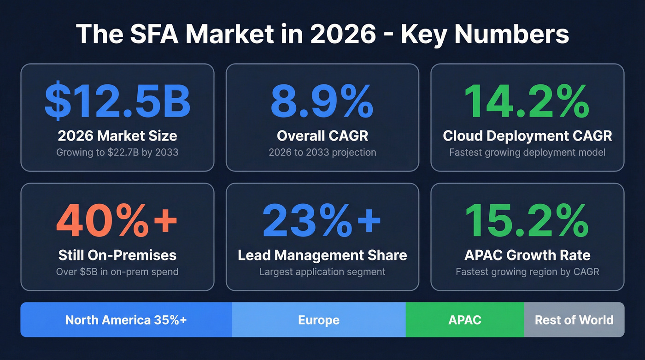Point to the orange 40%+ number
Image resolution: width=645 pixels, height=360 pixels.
tap(117, 220)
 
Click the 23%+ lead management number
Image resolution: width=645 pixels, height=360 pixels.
tap(322, 220)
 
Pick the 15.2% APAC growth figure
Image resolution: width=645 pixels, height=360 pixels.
tap(527, 220)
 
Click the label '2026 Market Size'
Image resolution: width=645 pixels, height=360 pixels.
tap(117, 136)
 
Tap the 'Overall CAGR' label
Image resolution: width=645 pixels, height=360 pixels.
tap(322, 136)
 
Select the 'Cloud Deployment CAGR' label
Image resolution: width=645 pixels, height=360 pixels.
tap(527, 136)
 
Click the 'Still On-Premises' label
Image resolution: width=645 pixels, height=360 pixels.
tap(117, 255)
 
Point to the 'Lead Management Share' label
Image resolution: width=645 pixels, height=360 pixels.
tap(322, 255)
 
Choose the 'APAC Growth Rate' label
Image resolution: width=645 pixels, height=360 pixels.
tap(527, 255)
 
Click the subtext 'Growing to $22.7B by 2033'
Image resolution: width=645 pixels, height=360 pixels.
tap(117, 152)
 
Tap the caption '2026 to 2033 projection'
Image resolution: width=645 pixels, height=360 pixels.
tap(322, 152)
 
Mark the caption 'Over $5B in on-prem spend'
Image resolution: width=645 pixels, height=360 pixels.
tap(117, 272)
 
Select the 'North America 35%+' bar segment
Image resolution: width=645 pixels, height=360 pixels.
tap(126, 320)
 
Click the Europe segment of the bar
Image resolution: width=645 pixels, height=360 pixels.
tap(319, 320)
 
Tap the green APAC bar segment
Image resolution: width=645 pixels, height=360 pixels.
tap(465, 320)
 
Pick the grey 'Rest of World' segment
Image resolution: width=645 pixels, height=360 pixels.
tap(574, 320)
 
